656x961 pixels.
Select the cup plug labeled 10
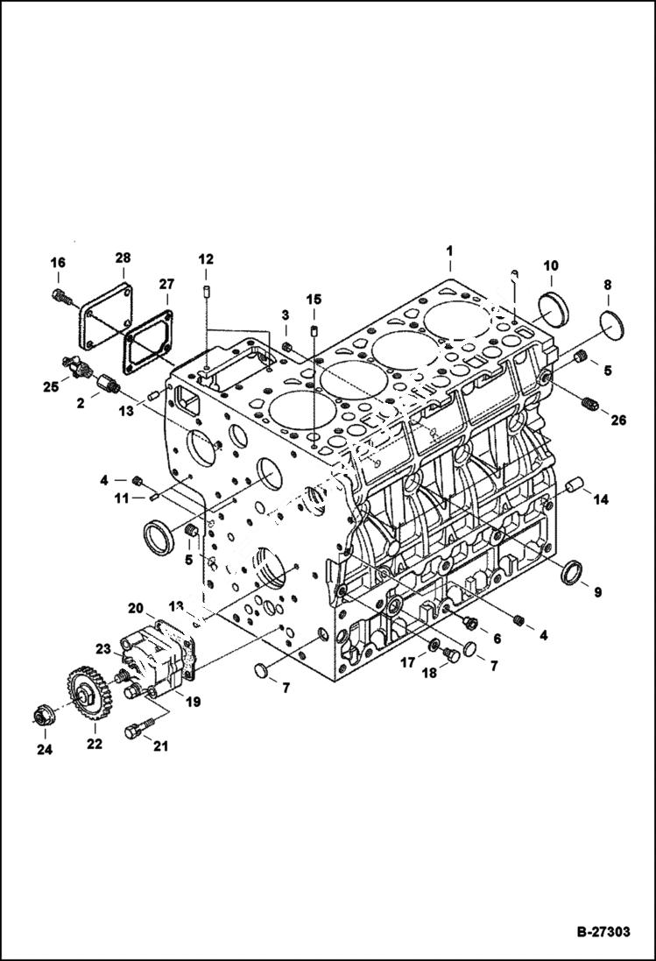point(554,311)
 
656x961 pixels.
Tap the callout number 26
point(618,420)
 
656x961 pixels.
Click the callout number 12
point(205,259)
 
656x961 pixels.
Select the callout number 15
point(314,300)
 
